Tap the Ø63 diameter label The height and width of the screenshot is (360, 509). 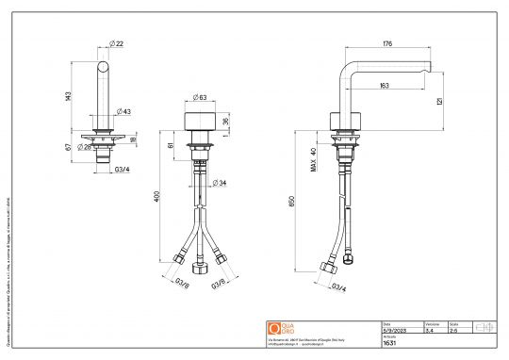tap(201, 97)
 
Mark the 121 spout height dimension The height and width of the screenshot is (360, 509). tap(441, 102)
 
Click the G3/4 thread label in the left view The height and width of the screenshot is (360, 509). tap(122, 172)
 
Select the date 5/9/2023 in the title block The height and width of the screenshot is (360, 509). tap(394, 330)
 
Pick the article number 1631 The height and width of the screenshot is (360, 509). tap(388, 344)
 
